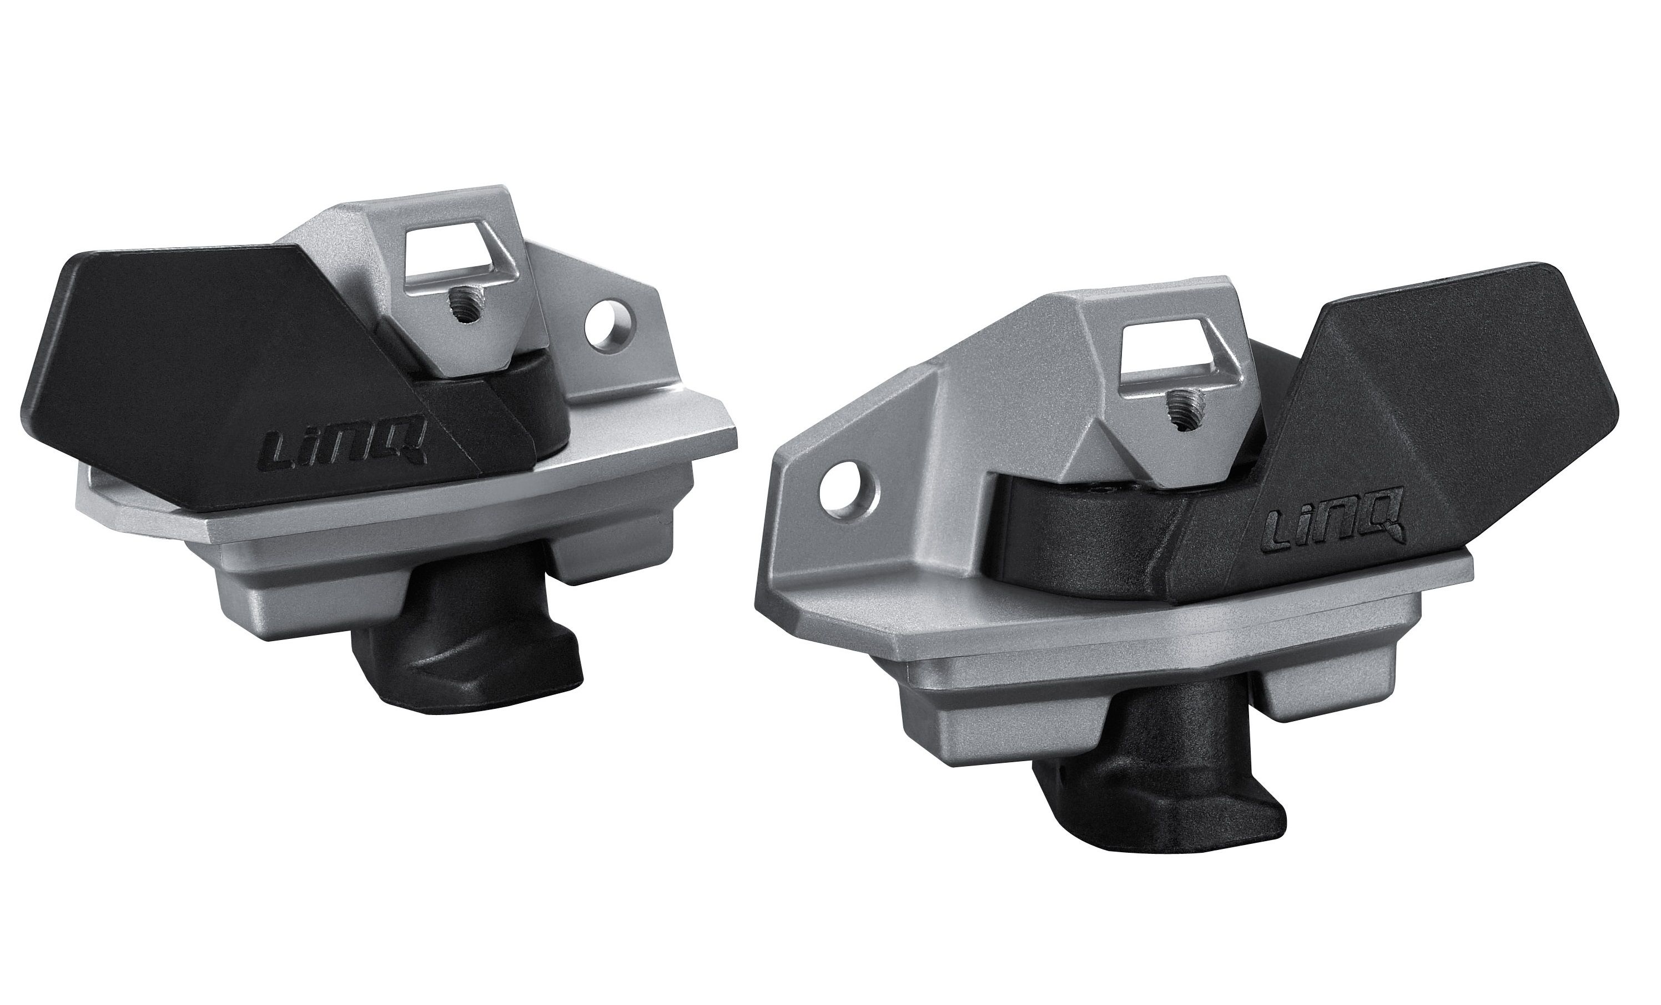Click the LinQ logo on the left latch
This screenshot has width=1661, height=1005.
pyautogui.click(x=350, y=447)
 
